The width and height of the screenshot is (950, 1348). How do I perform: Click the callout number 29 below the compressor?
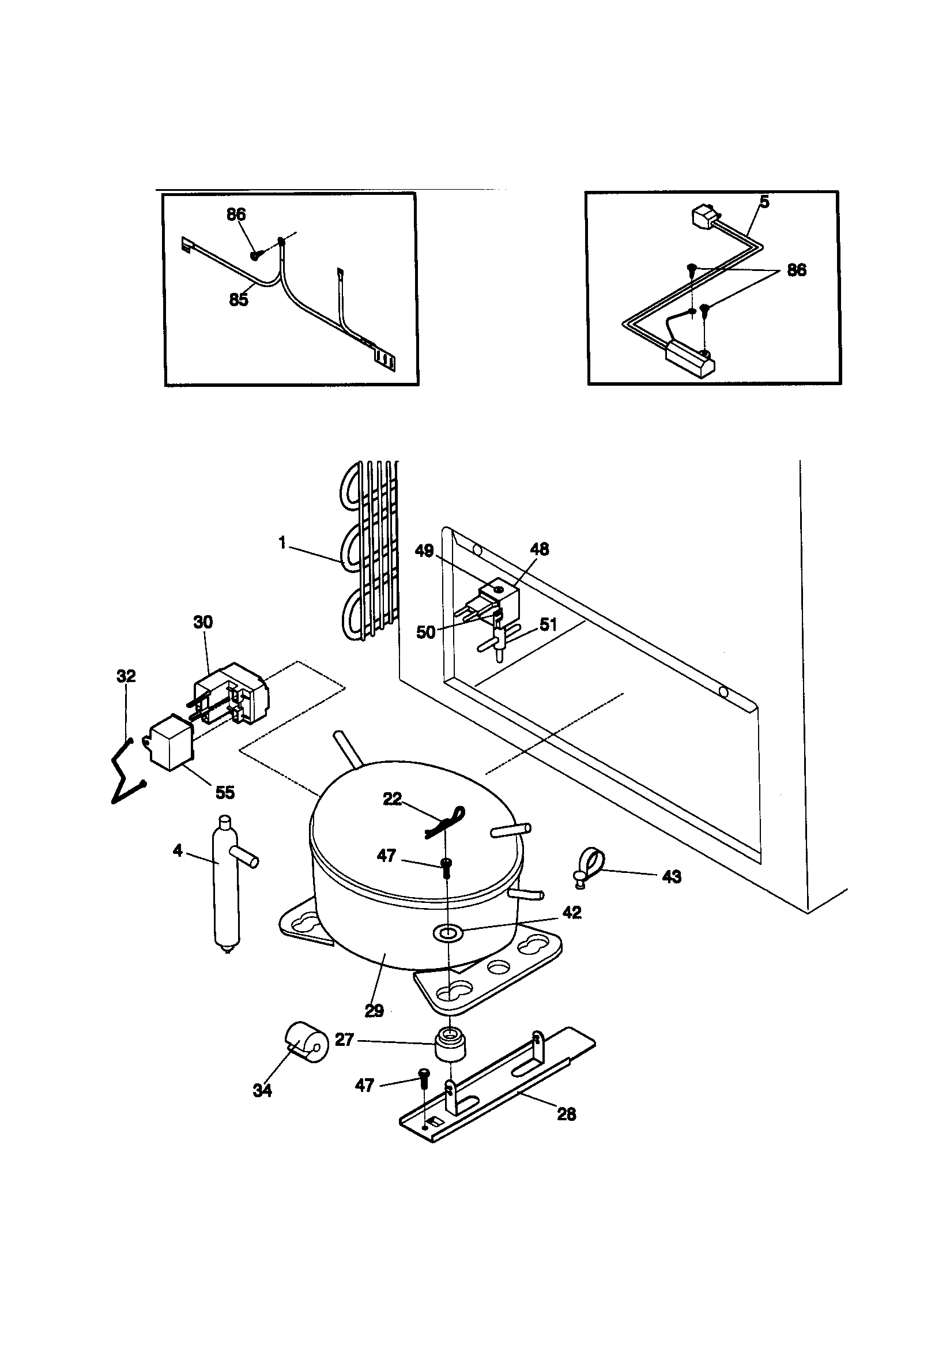coord(374,1010)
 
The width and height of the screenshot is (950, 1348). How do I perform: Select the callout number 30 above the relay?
coord(203,622)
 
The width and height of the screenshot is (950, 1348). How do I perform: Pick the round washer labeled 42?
coord(446,931)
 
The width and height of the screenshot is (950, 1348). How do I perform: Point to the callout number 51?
coord(548,624)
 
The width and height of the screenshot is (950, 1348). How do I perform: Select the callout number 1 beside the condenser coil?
coord(282,543)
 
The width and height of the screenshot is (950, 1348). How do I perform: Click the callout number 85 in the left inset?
coord(239,300)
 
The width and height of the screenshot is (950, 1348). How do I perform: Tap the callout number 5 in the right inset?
coord(764,201)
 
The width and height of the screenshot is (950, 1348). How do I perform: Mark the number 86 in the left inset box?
coord(236,214)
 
